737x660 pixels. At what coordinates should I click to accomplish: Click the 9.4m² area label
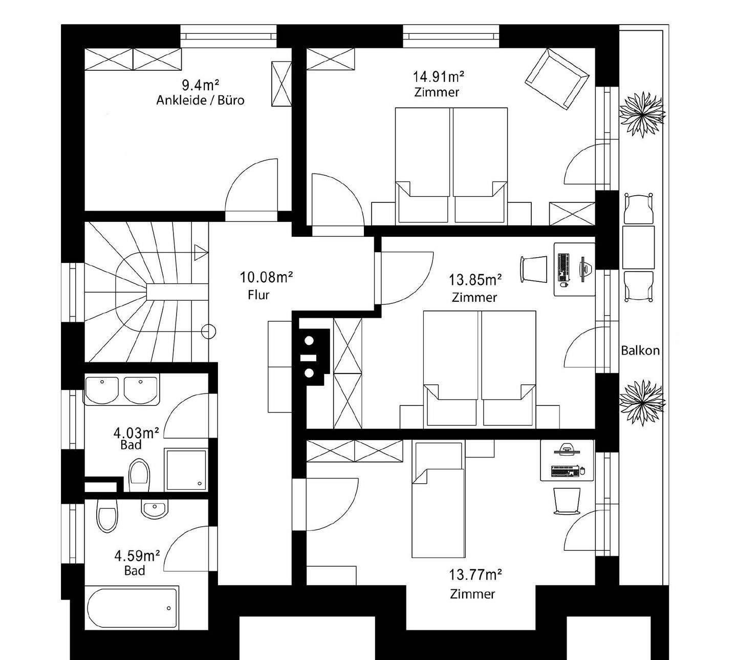click(x=200, y=85)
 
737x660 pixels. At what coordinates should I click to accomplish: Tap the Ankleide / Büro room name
click(x=200, y=100)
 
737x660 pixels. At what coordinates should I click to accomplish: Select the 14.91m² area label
click(x=438, y=77)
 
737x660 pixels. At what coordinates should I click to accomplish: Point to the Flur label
click(x=258, y=295)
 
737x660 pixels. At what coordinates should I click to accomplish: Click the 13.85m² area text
click(x=475, y=280)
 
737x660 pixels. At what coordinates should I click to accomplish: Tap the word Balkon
click(x=640, y=350)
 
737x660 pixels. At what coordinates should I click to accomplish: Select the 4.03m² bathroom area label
click(x=136, y=433)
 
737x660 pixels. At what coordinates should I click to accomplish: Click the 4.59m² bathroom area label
click(x=137, y=556)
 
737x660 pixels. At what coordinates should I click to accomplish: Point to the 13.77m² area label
click(x=475, y=575)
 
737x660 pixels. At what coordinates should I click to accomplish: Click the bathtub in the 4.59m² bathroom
click(x=132, y=608)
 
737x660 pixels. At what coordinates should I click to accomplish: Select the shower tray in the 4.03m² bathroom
click(x=186, y=470)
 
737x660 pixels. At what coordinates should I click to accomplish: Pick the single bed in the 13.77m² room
click(x=438, y=500)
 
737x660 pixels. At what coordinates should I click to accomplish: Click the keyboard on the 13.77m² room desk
click(x=565, y=471)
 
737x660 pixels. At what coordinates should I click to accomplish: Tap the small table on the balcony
click(x=638, y=247)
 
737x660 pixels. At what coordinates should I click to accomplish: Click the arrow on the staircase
click(x=201, y=253)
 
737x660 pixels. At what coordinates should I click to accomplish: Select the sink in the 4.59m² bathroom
click(x=155, y=509)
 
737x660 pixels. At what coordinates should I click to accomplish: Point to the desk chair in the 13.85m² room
click(x=534, y=269)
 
